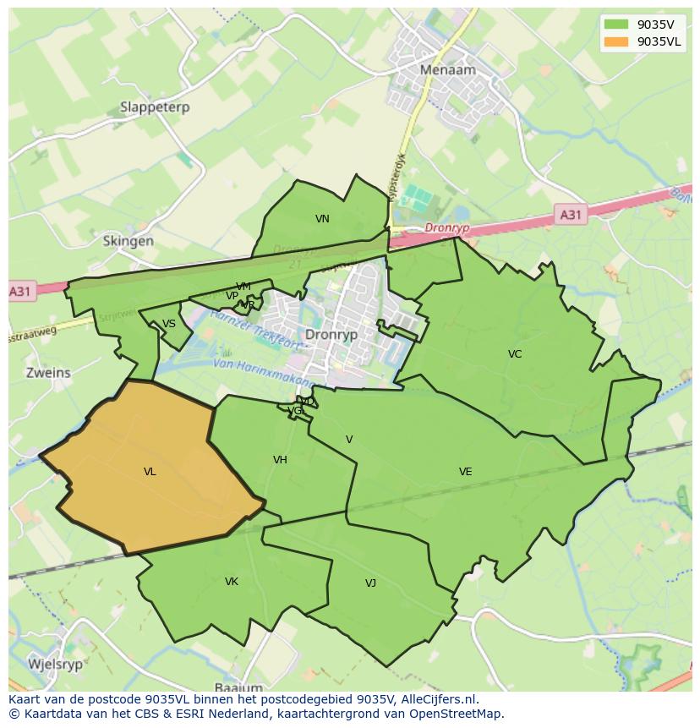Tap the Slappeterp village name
point(155,107)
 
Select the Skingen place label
point(129,241)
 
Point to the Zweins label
point(48,372)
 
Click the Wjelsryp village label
point(56,664)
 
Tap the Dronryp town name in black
point(331,335)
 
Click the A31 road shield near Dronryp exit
point(571,215)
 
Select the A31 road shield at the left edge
point(20,292)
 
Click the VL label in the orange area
point(150,472)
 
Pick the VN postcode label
point(322,219)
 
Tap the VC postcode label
point(515,354)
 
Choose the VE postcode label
point(465,472)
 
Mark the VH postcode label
point(280,460)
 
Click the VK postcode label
point(232,582)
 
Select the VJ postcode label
point(370,583)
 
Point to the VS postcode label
point(169,324)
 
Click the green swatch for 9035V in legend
point(616,24)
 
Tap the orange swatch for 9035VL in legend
point(616,41)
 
